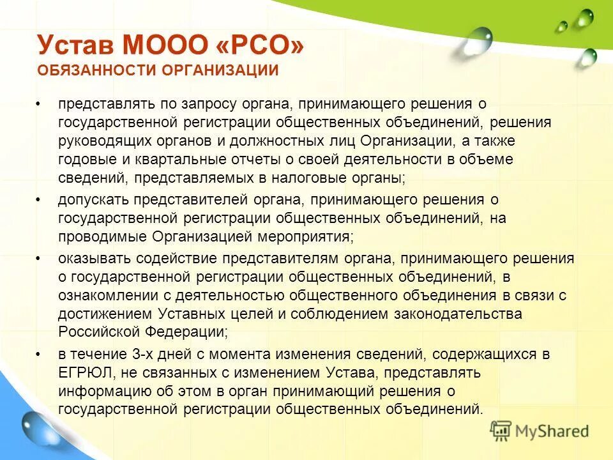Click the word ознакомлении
pos(101,295)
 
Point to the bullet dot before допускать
pos(39,200)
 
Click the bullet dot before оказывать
pos(39,259)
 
